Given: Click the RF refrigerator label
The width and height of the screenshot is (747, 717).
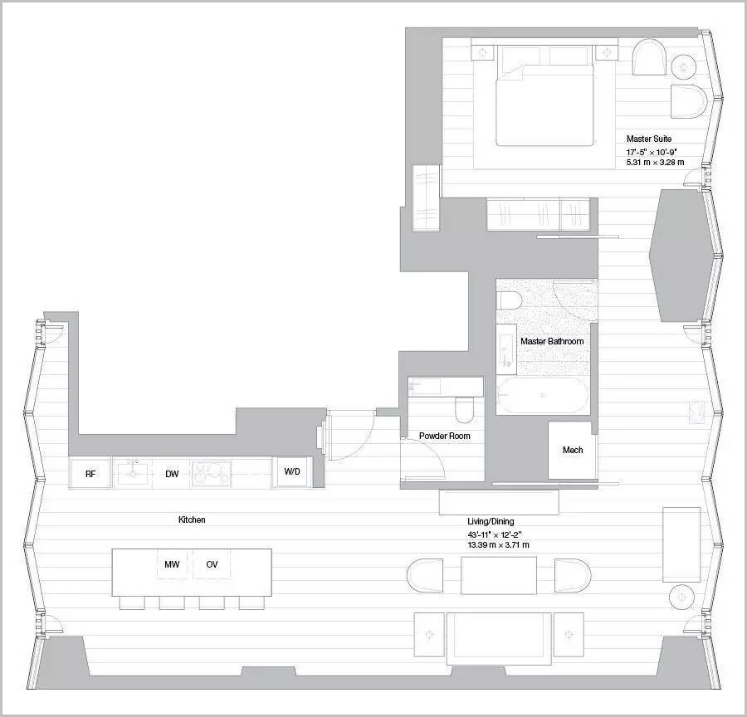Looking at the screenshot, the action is pos(90,474).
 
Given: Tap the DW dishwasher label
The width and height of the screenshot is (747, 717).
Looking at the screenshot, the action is pos(172,474).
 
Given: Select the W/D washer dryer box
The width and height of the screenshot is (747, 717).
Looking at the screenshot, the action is pos(292,471).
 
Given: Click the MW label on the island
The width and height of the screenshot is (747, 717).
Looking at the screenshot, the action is pos(172,564).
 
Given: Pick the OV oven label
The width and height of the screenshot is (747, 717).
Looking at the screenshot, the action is pos(212,564).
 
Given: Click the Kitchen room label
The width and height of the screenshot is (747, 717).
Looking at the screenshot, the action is pos(192,519).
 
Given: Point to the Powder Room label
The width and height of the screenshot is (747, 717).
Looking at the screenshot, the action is pos(445,436).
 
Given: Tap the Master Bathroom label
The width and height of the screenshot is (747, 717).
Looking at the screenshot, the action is pos(552,341).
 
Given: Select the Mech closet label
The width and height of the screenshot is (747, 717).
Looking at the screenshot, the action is pos(573,450).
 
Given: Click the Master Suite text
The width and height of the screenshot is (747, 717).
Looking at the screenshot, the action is pos(649,139).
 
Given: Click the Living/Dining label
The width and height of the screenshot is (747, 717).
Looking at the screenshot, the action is pos(491,521).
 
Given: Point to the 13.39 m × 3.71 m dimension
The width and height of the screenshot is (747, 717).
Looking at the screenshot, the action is pos(498,544).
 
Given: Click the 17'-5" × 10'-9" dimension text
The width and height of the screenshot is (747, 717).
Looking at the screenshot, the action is pos(652,152).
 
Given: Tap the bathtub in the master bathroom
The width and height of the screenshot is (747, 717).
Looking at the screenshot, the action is pos(543,395).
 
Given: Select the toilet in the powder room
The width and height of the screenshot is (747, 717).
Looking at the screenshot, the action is pos(464,410).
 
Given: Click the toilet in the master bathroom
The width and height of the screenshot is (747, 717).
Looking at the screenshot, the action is pos(510,300).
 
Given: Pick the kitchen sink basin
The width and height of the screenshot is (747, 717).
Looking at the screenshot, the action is pos(133,472).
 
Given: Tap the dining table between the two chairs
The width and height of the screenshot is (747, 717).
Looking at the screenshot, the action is pos(499,575).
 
